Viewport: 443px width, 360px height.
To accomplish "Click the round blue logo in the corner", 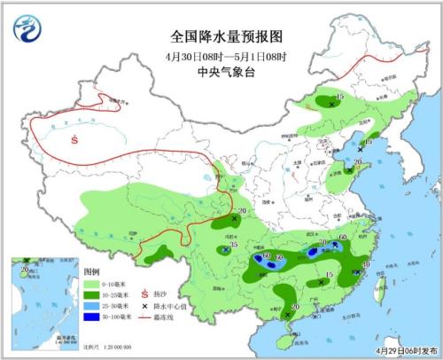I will [x=27, y=30].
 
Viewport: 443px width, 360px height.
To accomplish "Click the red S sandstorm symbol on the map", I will [x=76, y=138].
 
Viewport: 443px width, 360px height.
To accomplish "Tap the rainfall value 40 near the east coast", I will [x=365, y=263].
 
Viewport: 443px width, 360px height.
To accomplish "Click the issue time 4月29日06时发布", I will [x=404, y=351].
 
